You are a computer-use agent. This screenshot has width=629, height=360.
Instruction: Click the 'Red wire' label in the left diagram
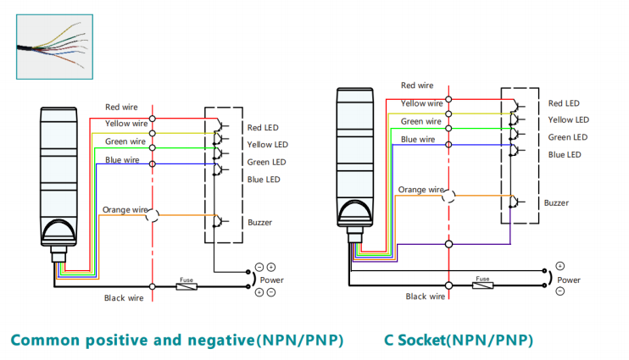click(121, 108)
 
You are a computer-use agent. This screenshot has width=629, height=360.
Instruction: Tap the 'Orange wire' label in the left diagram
click(125, 209)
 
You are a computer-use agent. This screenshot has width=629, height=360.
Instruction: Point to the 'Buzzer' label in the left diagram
click(259, 223)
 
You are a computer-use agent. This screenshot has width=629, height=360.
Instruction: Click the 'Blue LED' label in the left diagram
click(264, 180)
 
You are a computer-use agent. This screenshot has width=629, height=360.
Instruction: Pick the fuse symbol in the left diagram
click(186, 286)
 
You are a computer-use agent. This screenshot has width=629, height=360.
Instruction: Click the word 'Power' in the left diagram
click(271, 280)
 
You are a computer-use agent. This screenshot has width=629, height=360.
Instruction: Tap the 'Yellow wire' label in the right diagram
click(421, 103)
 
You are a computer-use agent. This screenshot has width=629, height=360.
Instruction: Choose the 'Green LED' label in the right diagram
click(567, 137)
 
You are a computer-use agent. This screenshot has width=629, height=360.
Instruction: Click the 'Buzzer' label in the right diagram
click(556, 203)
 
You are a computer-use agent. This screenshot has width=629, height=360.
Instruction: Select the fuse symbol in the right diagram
click(482, 284)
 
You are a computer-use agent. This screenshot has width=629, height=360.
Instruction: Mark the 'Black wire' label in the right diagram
click(426, 296)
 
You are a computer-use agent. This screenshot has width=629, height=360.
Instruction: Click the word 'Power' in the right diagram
click(568, 279)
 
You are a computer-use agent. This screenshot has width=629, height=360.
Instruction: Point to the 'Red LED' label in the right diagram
click(564, 103)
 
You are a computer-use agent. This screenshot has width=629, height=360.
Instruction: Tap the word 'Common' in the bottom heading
click(42, 341)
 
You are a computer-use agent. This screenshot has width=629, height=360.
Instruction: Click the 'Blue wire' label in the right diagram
click(419, 139)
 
